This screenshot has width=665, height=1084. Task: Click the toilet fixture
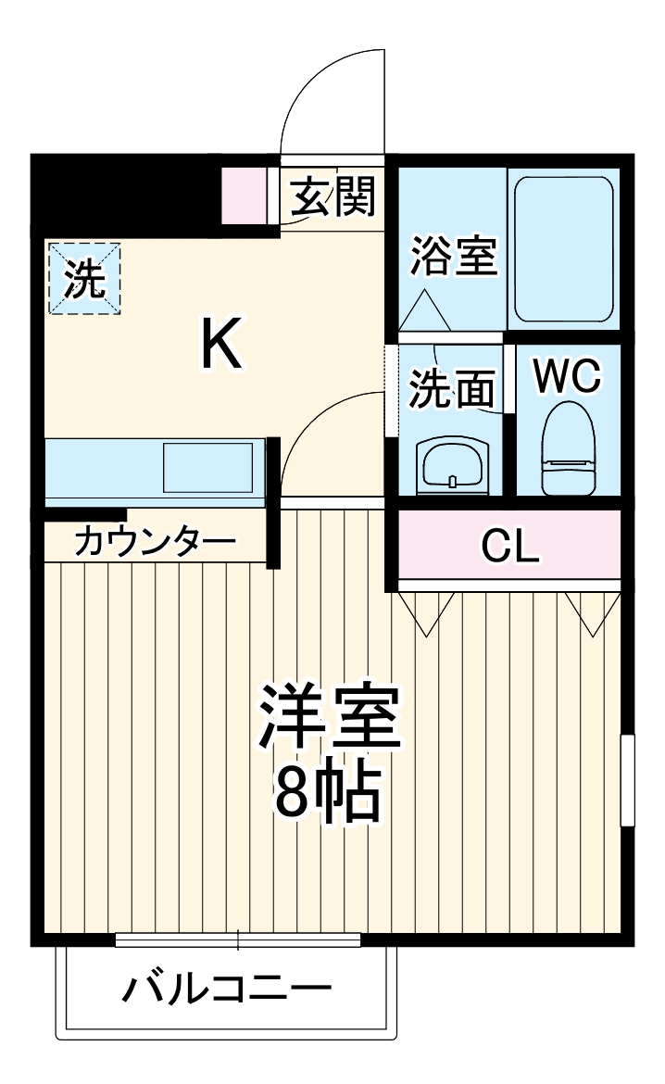tap(566, 448)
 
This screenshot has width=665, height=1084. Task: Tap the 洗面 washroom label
tap(452, 389)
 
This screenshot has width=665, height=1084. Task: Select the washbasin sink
tap(452, 463)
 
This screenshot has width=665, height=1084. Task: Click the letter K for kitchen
tap(222, 345)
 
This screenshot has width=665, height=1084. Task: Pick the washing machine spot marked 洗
tap(84, 277)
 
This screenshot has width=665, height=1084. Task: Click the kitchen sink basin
tap(208, 468)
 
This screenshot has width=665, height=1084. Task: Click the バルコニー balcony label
tap(227, 990)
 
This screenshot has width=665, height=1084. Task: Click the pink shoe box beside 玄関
tap(243, 195)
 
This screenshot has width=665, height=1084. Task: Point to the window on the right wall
tap(627, 779)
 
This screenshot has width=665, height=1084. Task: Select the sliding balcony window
tap(238, 941)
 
